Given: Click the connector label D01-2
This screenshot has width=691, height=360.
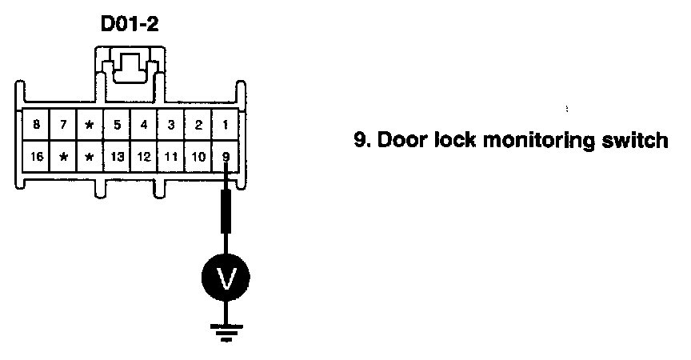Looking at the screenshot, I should coord(129,24).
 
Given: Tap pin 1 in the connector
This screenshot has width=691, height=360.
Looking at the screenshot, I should coord(226,126).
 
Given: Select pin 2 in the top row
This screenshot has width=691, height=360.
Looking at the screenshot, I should coord(198,126).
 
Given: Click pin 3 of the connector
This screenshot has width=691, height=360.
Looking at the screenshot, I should coord(171,126).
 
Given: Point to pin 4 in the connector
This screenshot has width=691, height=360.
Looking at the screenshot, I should coord(144,126).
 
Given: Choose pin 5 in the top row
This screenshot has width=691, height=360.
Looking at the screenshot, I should coord(117,126).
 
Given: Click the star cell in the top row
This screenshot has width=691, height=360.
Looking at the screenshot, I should coord(90,126).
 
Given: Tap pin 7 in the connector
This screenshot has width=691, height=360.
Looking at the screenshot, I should coord(62,126).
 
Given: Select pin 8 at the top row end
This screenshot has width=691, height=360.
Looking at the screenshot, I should coord(36,126).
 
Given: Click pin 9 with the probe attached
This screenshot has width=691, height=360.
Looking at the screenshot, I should coord(226,156).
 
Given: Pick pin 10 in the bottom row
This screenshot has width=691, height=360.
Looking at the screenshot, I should coord(198,156).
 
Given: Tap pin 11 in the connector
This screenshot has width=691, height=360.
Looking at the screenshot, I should coord(171,156).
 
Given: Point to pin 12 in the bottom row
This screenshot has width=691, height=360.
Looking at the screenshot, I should coord(144,156).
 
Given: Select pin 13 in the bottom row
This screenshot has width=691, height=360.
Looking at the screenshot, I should coord(117,156).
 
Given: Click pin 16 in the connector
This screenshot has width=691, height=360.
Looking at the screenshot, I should coord(36,156).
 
